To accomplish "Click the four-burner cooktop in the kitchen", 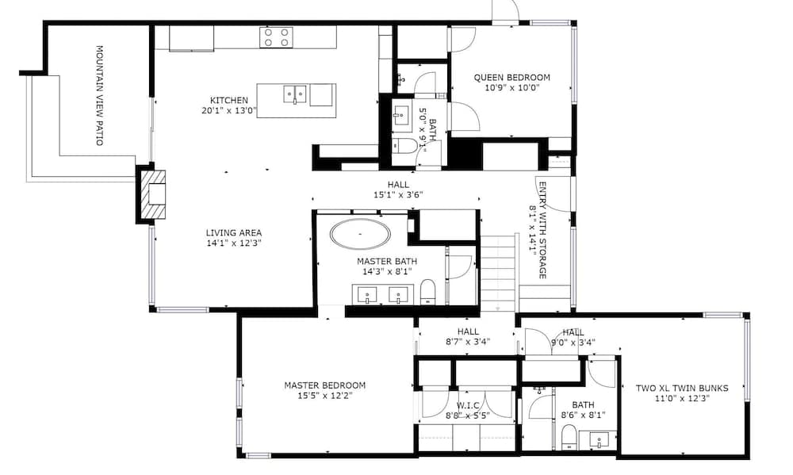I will tap(276, 37).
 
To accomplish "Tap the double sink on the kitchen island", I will tap(294, 94).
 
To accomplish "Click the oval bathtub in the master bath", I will tap(360, 236).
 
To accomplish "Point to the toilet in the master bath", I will tap(427, 291).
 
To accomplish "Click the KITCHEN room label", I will tap(229, 100).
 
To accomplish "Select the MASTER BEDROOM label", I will tap(325, 385).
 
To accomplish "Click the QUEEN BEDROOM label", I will tap(511, 78).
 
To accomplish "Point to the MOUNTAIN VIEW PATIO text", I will tap(101, 94).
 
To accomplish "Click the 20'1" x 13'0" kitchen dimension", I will tap(229, 111).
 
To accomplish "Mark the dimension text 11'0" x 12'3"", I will tap(682, 399).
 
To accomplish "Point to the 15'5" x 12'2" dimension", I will tap(325, 396).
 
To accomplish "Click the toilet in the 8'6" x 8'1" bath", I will tap(568, 436).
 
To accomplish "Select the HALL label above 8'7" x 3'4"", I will tap(468, 332).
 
